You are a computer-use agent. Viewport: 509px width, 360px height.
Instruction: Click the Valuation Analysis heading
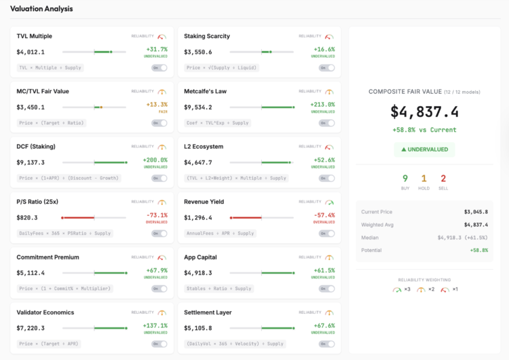tap(41, 9)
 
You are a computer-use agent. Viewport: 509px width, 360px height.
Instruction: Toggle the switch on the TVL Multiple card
tap(159, 68)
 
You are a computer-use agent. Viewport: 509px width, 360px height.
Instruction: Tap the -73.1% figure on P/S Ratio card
tap(157, 215)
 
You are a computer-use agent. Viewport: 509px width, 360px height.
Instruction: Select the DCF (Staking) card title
tap(36, 146)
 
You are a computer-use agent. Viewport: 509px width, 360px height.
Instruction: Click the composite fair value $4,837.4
tap(424, 111)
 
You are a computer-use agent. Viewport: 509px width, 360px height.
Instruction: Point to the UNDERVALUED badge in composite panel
tap(424, 149)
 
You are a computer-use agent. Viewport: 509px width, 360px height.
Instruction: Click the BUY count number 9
tap(405, 178)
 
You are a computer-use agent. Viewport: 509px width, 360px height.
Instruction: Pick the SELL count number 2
tap(443, 178)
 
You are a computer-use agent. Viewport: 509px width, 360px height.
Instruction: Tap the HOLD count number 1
tap(424, 178)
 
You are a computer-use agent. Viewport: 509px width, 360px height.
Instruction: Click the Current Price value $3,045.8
tap(475, 212)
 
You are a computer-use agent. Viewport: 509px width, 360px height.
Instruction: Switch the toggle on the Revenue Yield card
tap(327, 233)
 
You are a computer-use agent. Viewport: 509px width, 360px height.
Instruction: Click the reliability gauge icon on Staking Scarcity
tap(329, 37)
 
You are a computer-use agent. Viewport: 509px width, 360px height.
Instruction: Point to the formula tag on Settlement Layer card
tap(235, 344)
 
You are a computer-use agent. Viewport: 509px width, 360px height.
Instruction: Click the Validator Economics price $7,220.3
tap(31, 328)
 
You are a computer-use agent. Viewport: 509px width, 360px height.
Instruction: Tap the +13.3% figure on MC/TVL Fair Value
tap(157, 105)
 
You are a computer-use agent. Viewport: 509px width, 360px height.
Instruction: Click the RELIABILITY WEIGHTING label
tap(424, 279)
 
